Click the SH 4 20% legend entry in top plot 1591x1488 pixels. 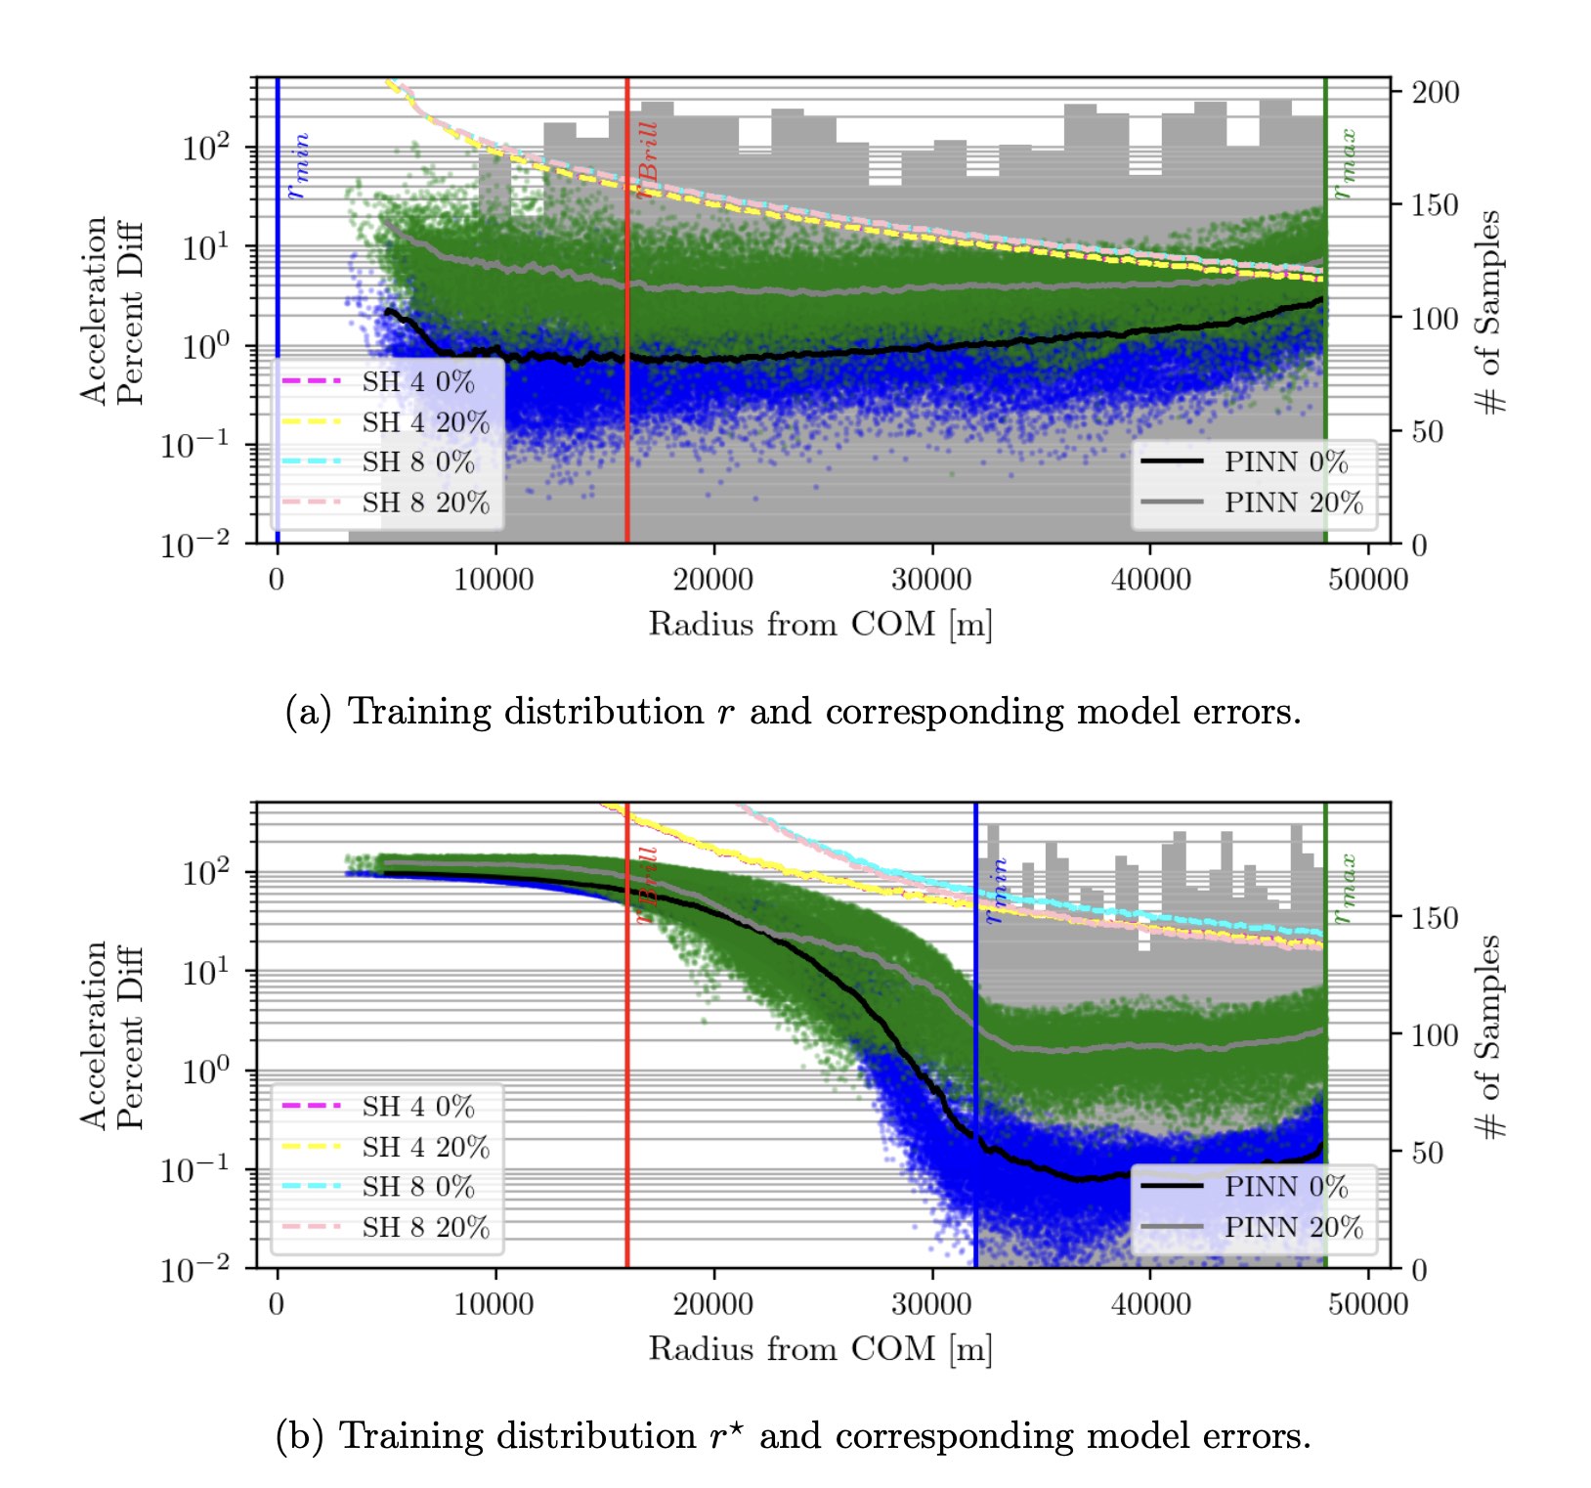coord(424,422)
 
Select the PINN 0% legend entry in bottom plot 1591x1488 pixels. coord(1284,1187)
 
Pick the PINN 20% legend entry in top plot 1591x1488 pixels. coord(1292,503)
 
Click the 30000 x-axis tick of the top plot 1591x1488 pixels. coord(931,580)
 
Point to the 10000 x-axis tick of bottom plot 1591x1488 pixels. coord(494,1304)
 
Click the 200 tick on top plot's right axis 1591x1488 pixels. coord(1435,93)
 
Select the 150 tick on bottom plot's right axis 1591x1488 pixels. coord(1435,918)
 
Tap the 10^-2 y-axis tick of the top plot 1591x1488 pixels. coord(195,544)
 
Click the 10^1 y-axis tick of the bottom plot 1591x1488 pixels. coord(205,972)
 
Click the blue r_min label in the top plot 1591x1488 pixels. coord(298,166)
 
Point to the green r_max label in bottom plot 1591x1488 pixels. coord(1346,888)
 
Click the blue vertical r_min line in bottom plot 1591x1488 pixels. coord(975,1075)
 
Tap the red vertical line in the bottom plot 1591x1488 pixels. coord(626,1075)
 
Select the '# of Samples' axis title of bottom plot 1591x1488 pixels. coord(1489,1036)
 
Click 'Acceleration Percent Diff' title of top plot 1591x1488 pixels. coord(111,310)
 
